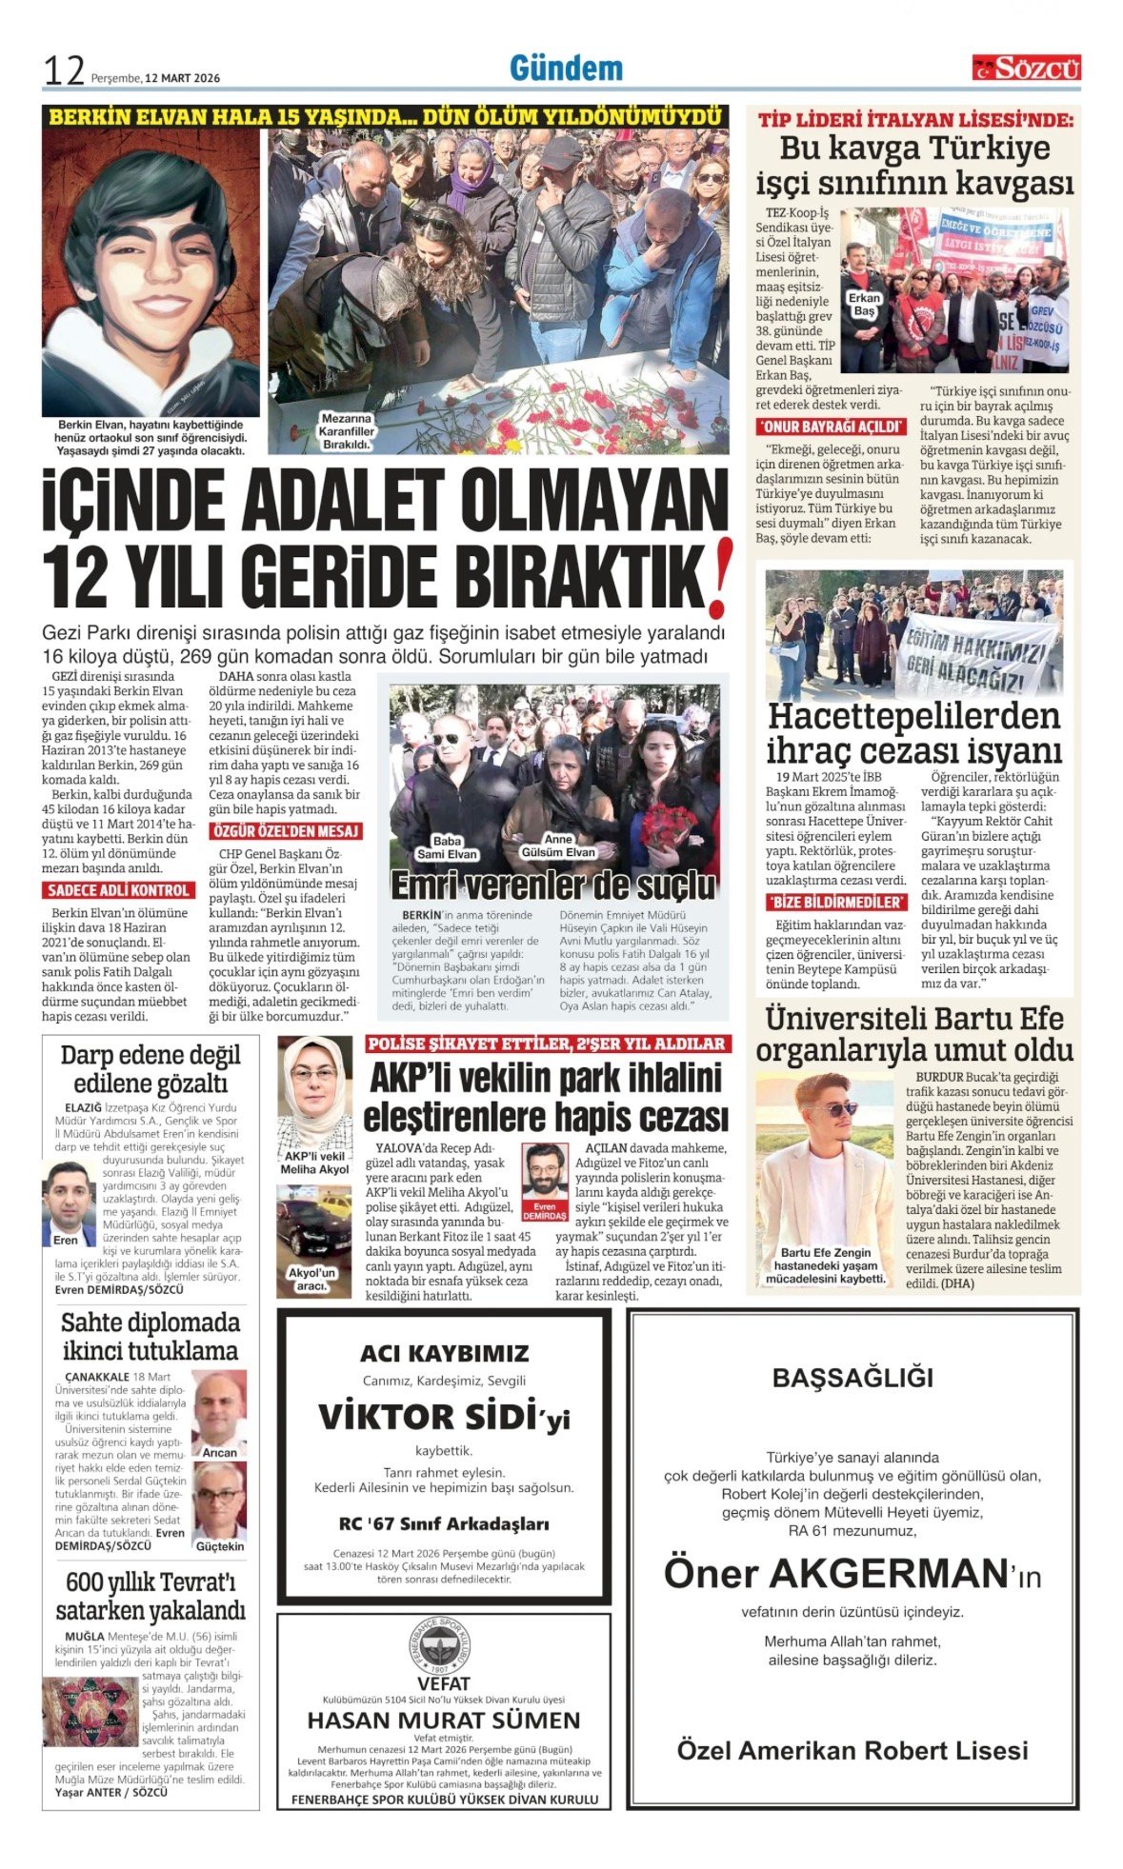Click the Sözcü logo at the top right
coord(1026,68)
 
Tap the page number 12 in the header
coord(64,70)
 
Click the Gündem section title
coord(566,68)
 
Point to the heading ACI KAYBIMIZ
coord(444,1353)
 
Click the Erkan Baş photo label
coord(863,305)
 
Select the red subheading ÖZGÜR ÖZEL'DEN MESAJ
coord(286,831)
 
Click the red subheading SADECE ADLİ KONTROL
coord(117,890)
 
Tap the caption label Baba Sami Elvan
coord(447,846)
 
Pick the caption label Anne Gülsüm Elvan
coord(557,846)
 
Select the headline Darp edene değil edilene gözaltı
coord(150,1068)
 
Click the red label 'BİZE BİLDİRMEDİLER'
coord(834,902)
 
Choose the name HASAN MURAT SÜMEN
coord(444,1720)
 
